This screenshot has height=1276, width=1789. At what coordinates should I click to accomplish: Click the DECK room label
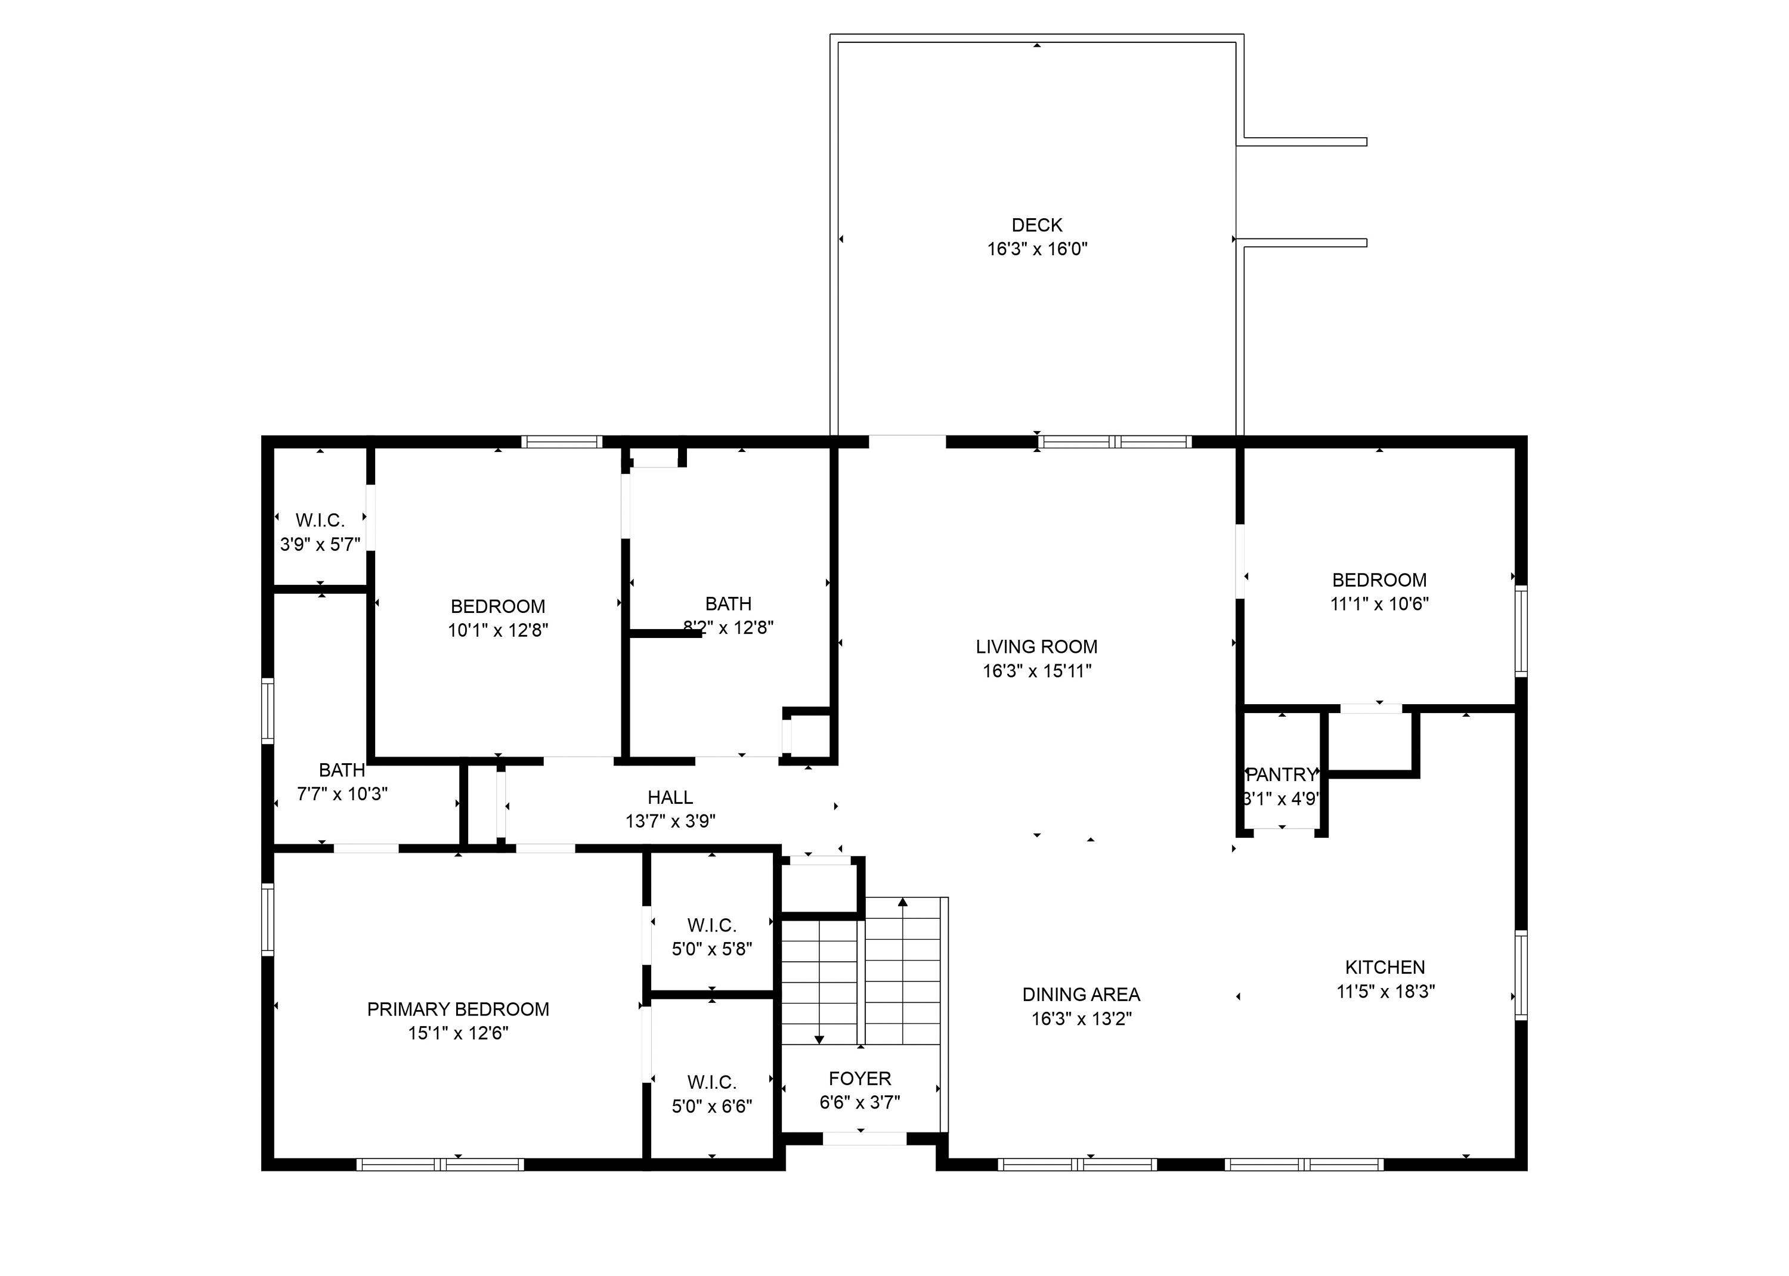(1036, 225)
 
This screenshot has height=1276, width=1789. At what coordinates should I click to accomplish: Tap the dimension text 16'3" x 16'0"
(1036, 249)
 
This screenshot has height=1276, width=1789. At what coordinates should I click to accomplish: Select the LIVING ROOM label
(1036, 646)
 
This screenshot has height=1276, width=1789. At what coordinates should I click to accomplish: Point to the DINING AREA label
(1081, 995)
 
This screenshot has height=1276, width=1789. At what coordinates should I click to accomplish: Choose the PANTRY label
(1282, 775)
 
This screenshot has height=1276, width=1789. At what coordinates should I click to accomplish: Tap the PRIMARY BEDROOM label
(458, 1009)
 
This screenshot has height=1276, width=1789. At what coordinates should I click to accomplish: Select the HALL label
(670, 798)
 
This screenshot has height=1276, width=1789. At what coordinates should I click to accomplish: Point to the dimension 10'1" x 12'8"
(497, 630)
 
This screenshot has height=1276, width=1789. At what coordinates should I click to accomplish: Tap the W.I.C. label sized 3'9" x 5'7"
(320, 520)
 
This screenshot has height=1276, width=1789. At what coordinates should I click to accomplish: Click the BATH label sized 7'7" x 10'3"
(342, 770)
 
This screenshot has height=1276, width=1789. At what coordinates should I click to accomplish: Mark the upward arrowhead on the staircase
(903, 902)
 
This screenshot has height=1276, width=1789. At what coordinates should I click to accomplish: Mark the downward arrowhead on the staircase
(819, 1039)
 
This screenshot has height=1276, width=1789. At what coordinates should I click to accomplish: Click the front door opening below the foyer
(864, 1138)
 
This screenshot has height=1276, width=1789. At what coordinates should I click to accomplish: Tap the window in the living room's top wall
(1114, 442)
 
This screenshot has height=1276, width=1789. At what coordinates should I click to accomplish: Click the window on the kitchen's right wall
(1520, 974)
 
